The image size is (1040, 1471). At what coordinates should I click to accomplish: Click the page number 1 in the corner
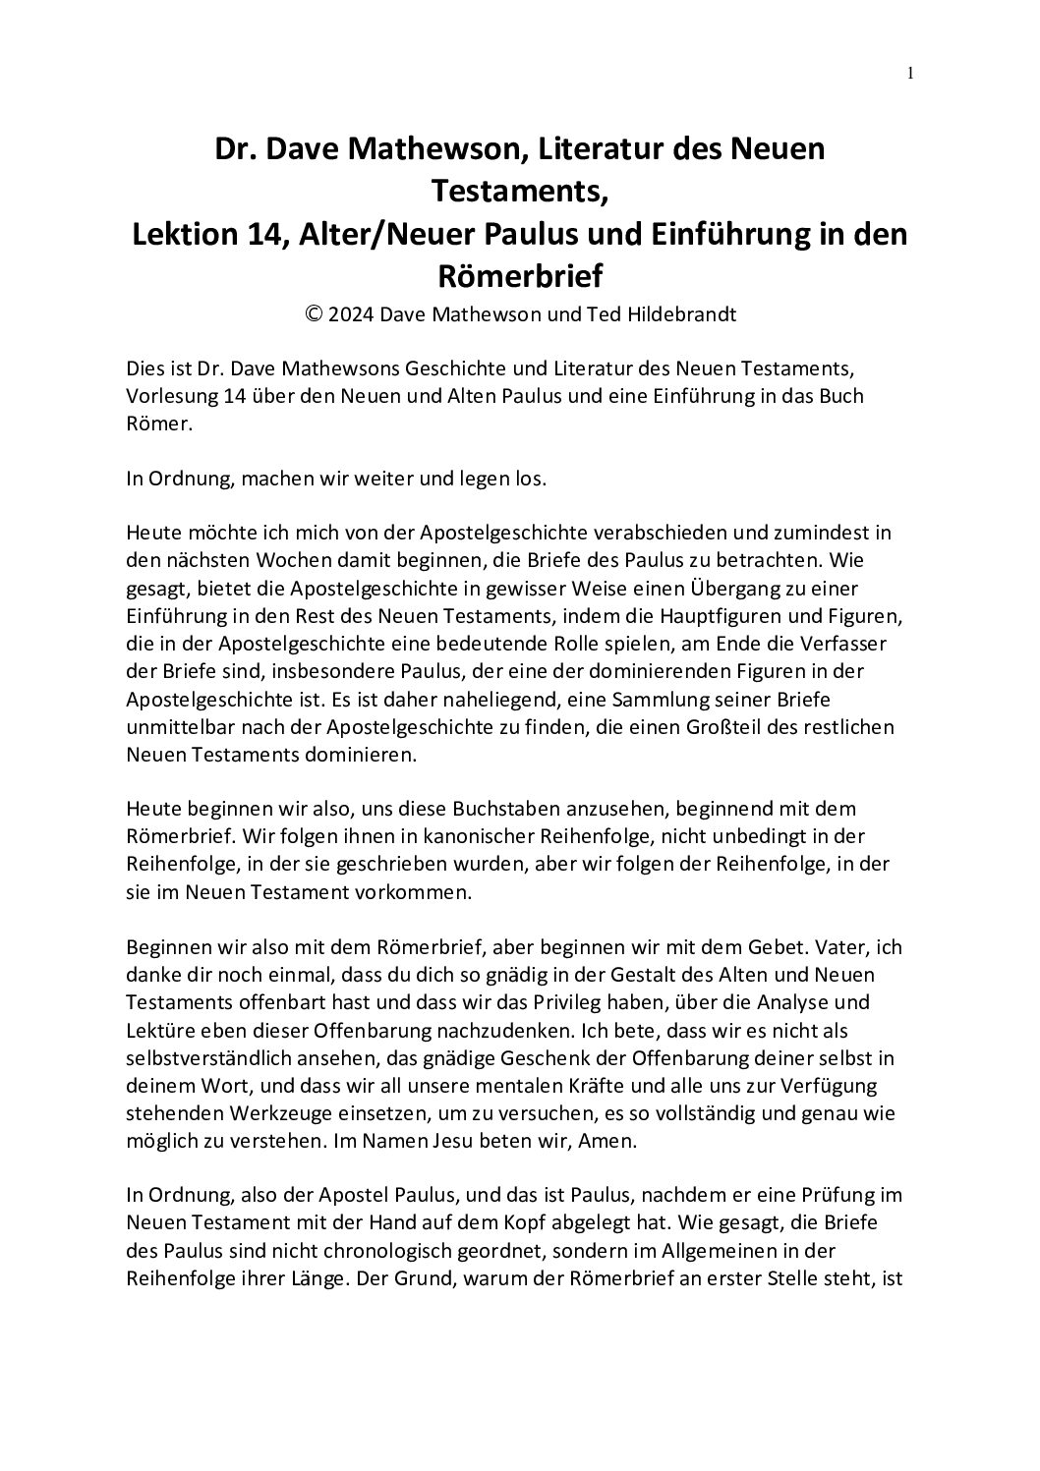(x=910, y=72)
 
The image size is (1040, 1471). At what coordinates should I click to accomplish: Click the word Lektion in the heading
(x=183, y=236)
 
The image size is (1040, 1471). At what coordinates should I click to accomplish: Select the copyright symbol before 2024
(x=316, y=315)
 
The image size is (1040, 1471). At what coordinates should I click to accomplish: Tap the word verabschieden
(x=654, y=534)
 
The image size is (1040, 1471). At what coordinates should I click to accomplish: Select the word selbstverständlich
(x=201, y=1054)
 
